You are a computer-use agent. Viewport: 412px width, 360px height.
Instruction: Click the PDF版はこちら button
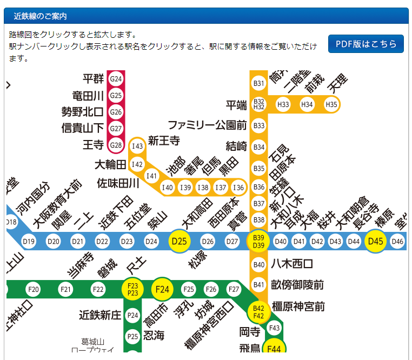(366, 44)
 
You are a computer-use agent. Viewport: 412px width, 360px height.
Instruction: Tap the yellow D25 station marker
(179, 241)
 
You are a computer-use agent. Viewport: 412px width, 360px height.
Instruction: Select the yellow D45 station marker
(375, 241)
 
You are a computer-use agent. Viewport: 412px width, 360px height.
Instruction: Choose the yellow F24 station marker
(162, 289)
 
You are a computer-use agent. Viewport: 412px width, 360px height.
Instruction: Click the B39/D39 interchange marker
(259, 242)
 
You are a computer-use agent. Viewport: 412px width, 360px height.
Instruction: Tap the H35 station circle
(331, 104)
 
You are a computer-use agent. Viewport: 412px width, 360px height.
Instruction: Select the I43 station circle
(138, 146)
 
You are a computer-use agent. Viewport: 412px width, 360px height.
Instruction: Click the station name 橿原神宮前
(298, 307)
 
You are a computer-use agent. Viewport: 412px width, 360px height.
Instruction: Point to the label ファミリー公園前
(208, 125)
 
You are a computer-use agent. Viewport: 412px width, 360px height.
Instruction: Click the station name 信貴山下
(82, 128)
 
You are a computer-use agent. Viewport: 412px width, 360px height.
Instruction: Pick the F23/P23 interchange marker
(132, 289)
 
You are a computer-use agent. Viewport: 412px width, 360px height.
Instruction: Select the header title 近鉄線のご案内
(41, 16)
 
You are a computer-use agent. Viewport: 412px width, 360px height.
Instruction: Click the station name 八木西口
(292, 264)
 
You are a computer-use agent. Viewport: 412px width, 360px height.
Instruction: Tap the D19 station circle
(29, 241)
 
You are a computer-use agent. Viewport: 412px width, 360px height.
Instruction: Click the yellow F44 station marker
(274, 349)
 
